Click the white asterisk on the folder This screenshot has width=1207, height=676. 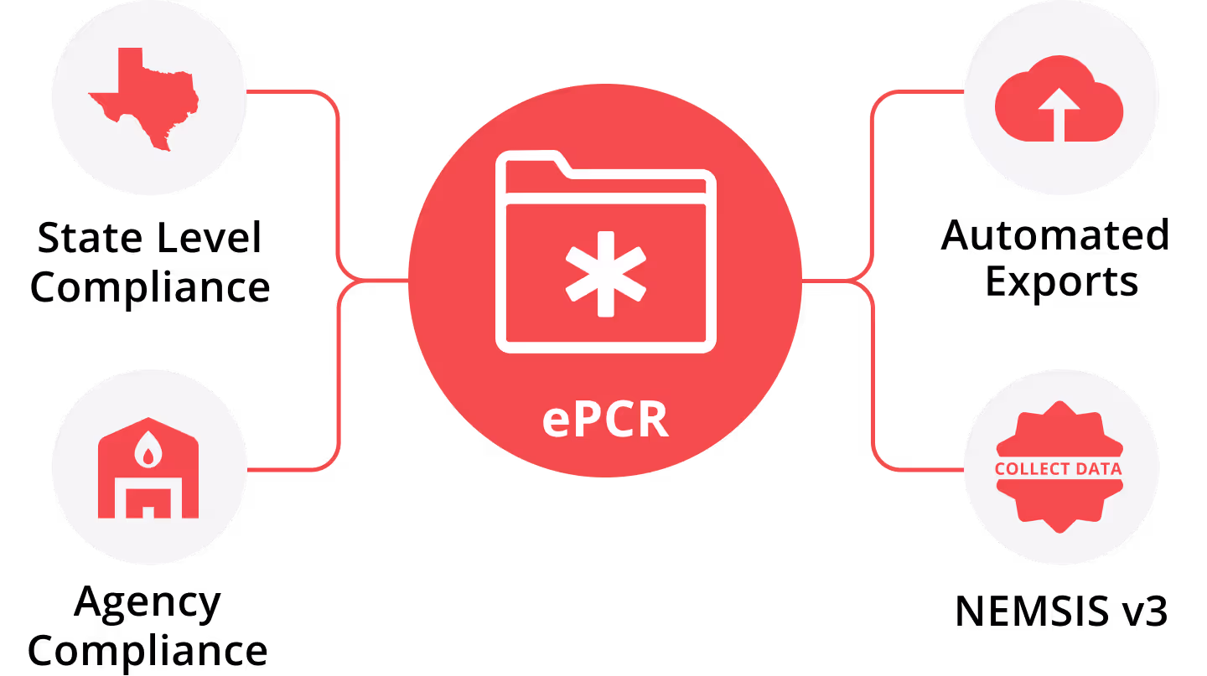(605, 274)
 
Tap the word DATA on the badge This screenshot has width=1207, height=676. (1099, 469)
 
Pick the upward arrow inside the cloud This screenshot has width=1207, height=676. (1059, 109)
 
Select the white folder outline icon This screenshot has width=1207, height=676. (606, 251)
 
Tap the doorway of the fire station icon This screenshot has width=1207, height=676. (148, 503)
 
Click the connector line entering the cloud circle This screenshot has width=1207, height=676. (922, 91)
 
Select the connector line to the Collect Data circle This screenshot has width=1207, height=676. (922, 469)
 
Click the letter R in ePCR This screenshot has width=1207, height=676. (651, 421)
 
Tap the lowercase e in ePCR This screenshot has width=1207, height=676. (556, 423)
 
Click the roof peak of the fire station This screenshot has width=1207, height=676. (148, 420)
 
